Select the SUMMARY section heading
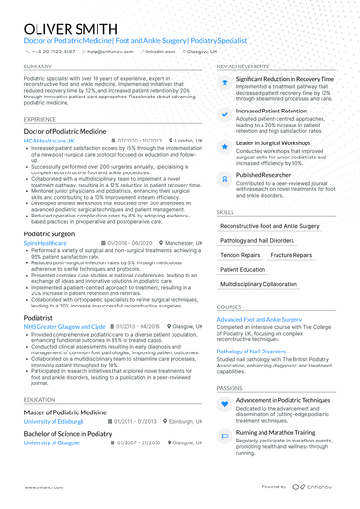(38, 67)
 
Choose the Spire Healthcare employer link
(45, 242)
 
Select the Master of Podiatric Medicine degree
(66, 412)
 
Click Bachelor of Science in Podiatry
(67, 435)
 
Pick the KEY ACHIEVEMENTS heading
(248, 67)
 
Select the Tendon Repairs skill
(241, 255)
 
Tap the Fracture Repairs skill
(292, 255)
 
